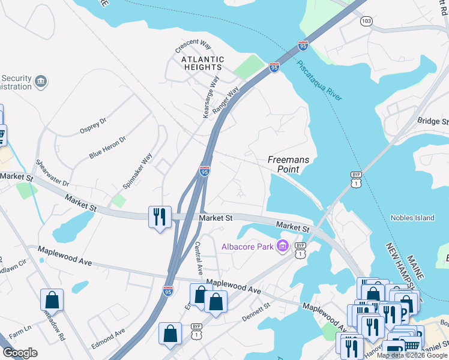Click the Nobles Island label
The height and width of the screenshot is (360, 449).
[x=412, y=218]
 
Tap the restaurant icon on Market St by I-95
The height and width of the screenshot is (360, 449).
[x=160, y=216]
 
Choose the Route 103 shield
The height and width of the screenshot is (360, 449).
[x=366, y=21]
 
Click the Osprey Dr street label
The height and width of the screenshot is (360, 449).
[x=93, y=125]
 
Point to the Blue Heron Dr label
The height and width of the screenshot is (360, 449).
[x=108, y=147]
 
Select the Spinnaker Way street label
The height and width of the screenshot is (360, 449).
[x=138, y=170]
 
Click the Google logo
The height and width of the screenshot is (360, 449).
[x=20, y=353]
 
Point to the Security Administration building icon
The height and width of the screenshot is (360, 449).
[x=41, y=81]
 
